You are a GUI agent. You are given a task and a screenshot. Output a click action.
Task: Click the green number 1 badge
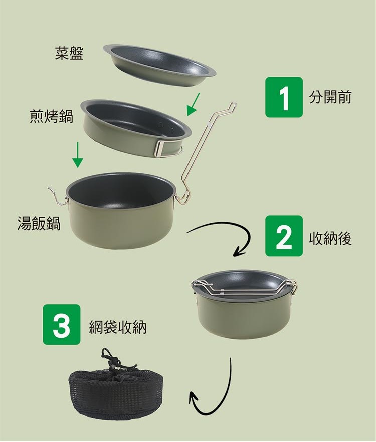click(x=284, y=97)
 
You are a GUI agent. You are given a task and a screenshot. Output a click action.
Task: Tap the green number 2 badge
click(x=284, y=236)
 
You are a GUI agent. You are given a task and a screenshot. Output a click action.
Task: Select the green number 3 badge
click(x=62, y=324)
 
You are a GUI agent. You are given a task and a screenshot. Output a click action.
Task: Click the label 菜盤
click(x=69, y=53)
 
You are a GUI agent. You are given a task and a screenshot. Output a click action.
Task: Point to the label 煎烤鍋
click(x=51, y=116)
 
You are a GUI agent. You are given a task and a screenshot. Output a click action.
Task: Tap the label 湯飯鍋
click(x=39, y=224)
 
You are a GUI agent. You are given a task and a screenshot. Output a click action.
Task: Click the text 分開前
click(x=330, y=97)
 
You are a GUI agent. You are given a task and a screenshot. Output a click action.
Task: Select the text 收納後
click(x=330, y=239)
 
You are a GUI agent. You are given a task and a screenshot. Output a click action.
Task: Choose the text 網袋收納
click(x=118, y=327)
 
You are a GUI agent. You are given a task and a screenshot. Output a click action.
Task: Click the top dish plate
click(x=159, y=64)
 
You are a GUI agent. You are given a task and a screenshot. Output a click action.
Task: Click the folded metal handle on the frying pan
click(x=166, y=148)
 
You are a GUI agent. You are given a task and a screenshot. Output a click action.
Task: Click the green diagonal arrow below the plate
click(x=193, y=104)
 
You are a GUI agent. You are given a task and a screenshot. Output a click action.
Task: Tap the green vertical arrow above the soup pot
click(x=78, y=155)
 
